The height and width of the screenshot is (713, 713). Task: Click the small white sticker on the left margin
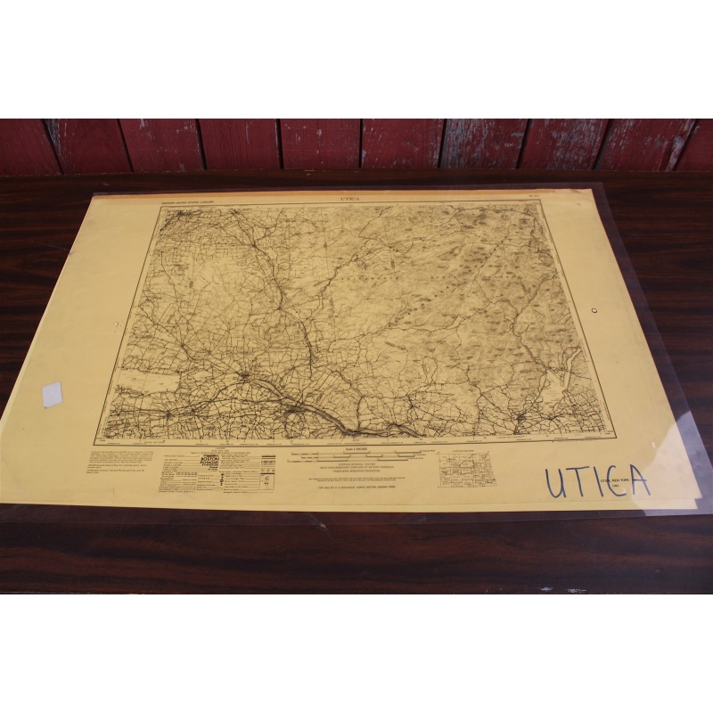pyautogui.click(x=53, y=394)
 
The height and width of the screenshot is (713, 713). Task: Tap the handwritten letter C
pyautogui.click(x=613, y=481)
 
